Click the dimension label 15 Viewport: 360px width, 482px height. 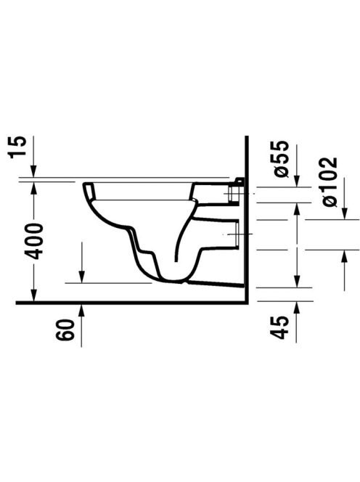pos(17,147)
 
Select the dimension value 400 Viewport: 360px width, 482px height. pos(33,242)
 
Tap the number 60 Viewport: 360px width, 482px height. pos(65,330)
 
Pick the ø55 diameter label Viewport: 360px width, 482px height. pos(282,159)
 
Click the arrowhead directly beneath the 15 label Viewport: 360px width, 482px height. pos(34,171)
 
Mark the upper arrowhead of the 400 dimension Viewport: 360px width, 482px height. pos(34,188)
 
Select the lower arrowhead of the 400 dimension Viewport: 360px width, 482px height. pos(34,295)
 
